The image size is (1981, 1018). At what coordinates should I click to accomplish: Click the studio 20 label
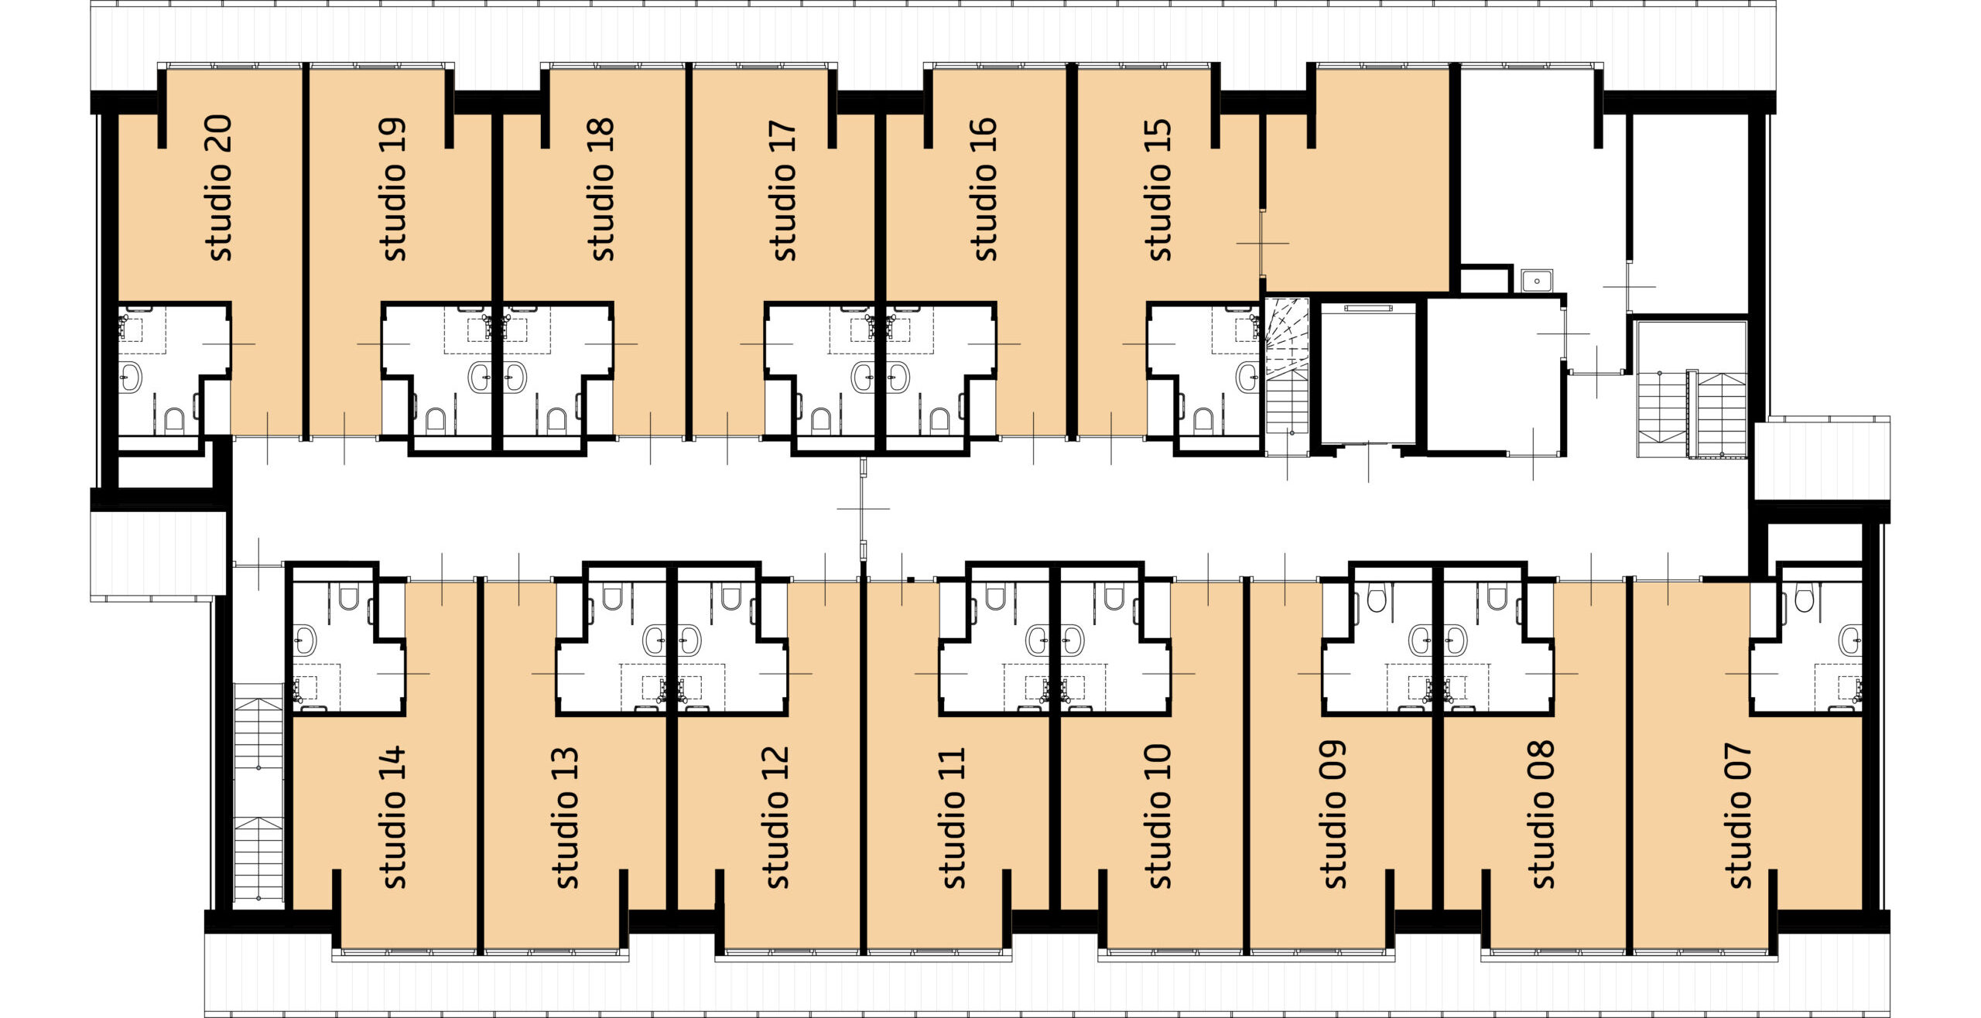tap(220, 188)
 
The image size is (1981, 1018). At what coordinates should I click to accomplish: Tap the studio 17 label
tap(783, 190)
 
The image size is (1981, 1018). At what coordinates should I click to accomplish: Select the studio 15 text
tap(1158, 190)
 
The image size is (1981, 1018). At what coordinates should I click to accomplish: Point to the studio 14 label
tap(393, 817)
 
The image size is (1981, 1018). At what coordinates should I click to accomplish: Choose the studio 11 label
tap(952, 818)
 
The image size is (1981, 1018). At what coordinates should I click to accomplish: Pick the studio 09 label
tap(1333, 815)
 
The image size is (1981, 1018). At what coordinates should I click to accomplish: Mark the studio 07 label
tap(1739, 816)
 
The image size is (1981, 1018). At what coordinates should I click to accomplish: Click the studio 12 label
tap(776, 817)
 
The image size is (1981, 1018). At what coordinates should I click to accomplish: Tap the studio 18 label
tap(600, 190)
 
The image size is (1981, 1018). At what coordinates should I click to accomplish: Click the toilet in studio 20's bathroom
tap(174, 419)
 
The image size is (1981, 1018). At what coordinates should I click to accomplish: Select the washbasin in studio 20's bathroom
tap(132, 377)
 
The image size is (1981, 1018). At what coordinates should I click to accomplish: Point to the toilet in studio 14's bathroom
tap(349, 597)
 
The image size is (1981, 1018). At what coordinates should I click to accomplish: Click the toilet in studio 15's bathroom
tap(1203, 419)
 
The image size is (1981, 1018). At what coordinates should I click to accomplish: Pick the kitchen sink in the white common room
tap(1537, 280)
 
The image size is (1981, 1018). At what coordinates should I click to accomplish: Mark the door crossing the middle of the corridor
tap(863, 508)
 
